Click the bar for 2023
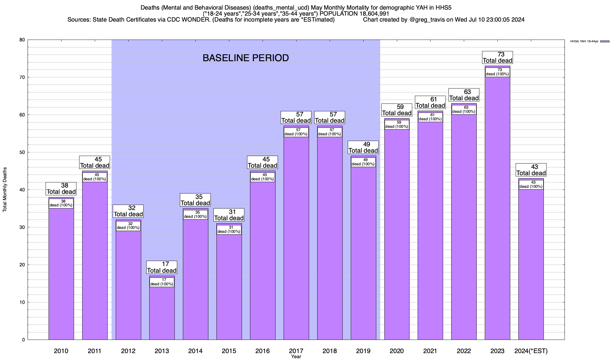pos(497,210)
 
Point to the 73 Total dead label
pos(497,57)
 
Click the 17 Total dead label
pos(162,267)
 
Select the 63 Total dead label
pos(464,95)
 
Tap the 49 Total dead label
pos(363,147)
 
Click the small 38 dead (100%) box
pos(61,203)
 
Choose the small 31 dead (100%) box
pos(229,229)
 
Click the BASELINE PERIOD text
pos(246,58)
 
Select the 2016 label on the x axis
pos(263,351)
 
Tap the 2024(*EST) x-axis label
pos(531,351)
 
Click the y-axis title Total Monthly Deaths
pos(5,190)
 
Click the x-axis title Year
pos(296,357)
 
